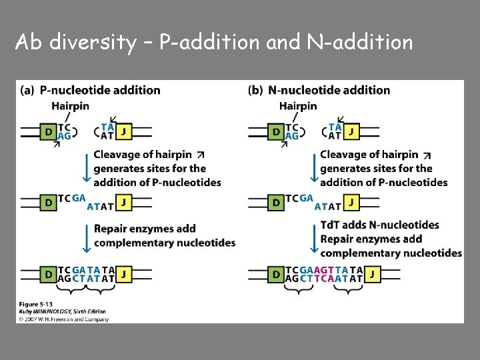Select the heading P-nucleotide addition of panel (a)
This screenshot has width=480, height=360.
pyautogui.click(x=100, y=90)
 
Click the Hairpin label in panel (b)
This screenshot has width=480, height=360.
pyautogui.click(x=298, y=105)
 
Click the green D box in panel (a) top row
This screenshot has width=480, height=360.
pyautogui.click(x=47, y=131)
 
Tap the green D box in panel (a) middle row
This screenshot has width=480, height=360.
pyautogui.click(x=47, y=201)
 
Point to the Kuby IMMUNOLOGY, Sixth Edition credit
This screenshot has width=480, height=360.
pyautogui.click(x=62, y=311)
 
